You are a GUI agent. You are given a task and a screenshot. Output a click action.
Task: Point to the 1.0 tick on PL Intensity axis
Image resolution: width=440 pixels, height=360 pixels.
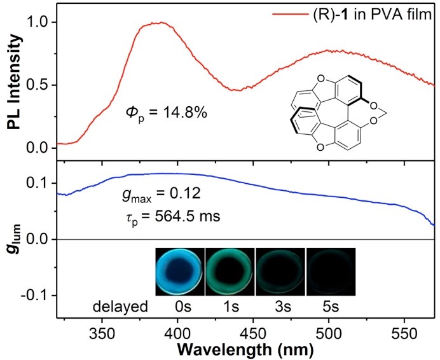pos(39,23)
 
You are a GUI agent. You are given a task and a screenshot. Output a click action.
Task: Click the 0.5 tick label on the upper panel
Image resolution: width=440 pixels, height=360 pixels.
pos(39,85)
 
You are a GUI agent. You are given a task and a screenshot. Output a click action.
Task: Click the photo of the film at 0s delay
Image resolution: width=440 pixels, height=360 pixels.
pos(179,272)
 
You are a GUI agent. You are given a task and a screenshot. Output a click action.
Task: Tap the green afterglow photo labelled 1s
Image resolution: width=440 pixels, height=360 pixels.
pos(229,272)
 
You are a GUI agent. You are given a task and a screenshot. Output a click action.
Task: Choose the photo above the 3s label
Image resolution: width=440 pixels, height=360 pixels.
pos(280,272)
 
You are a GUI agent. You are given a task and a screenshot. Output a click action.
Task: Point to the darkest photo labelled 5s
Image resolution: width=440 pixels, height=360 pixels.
pos(331,272)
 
